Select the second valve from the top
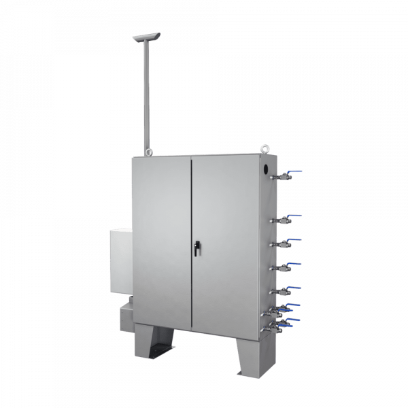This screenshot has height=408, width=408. [285, 220]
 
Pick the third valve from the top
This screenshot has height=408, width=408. [285, 243]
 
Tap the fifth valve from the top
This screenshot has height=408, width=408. [285, 291]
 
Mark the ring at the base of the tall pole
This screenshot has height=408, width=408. [146, 151]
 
